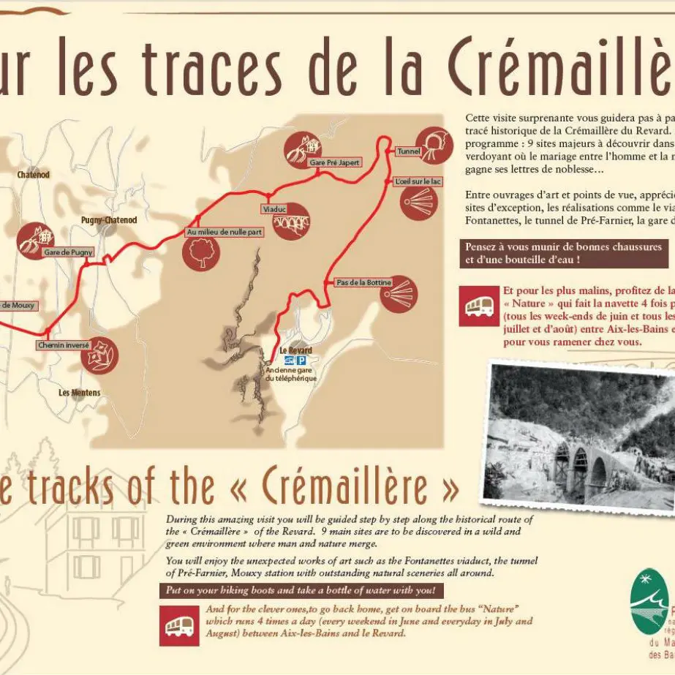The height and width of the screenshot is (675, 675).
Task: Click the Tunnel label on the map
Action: (407, 151)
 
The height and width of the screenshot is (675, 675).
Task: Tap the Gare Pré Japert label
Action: (334, 162)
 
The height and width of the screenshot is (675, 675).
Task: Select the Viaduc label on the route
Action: (274, 209)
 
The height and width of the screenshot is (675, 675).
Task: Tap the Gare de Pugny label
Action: (69, 252)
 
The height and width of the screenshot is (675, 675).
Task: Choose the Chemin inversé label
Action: (64, 344)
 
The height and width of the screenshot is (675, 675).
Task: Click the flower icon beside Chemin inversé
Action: (99, 355)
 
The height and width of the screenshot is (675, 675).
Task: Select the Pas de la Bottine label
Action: (363, 282)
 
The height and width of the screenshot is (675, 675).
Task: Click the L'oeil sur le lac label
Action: (418, 181)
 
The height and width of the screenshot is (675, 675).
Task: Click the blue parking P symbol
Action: (301, 361)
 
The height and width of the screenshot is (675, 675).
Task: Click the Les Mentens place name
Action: (80, 393)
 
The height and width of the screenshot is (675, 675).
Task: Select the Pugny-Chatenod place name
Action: (109, 220)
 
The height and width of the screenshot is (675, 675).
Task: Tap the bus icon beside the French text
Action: (479, 306)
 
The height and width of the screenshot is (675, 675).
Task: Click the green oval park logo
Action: (648, 603)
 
